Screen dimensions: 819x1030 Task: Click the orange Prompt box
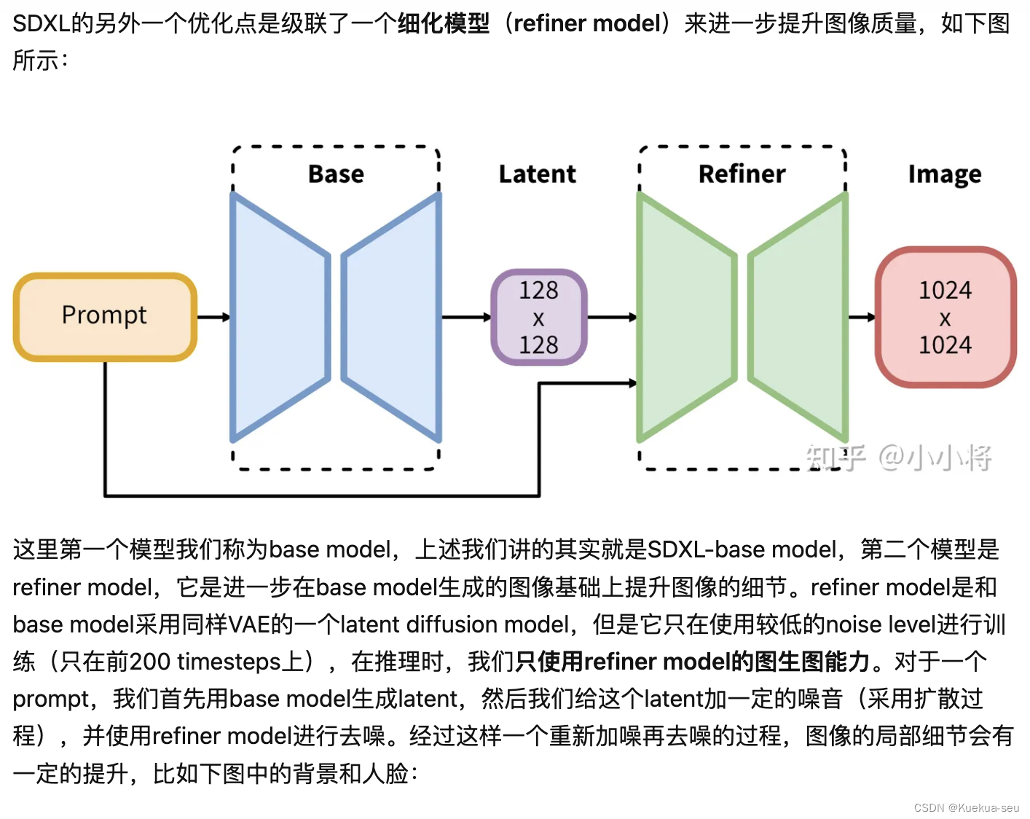[105, 317]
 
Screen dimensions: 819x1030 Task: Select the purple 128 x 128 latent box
[538, 317]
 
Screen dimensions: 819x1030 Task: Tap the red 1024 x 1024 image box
[945, 317]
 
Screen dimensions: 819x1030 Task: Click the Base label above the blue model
[336, 174]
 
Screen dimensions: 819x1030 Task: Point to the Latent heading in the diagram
[537, 174]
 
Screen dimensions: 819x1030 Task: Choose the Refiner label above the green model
[742, 174]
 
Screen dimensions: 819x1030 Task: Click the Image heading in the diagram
[944, 175]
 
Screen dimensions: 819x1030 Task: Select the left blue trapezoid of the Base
[280, 317]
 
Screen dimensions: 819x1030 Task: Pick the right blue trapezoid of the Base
[392, 317]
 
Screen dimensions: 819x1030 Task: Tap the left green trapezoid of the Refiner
[686, 317]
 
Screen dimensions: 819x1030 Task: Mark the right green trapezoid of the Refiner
[798, 317]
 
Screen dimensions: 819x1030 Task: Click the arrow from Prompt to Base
[213, 317]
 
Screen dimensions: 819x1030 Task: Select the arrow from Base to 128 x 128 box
[466, 317]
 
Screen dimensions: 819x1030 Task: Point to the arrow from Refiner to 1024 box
[862, 317]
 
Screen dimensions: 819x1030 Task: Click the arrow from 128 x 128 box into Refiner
[612, 317]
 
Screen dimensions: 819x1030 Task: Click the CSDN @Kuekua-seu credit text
[966, 808]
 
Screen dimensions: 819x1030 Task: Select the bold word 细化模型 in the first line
[444, 23]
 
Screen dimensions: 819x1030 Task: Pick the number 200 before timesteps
[149, 662]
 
